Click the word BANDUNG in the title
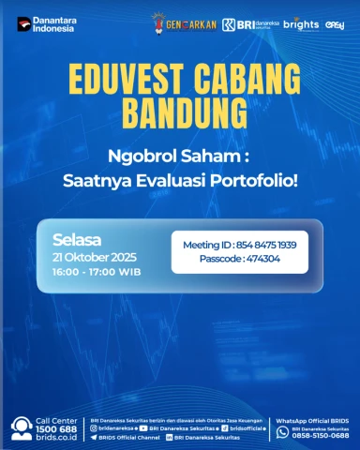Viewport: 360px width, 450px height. [x=180, y=111]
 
